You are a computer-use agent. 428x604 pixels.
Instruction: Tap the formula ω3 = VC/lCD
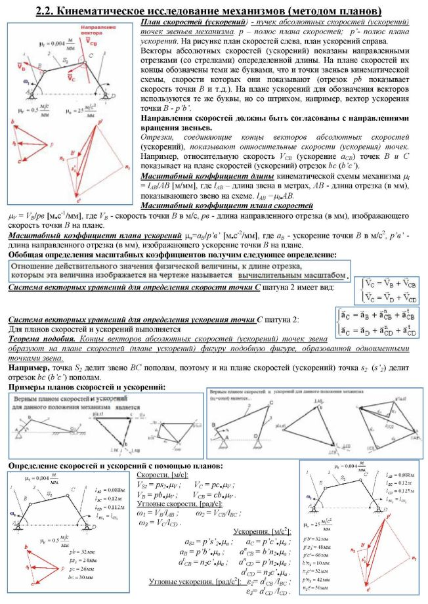[160, 523]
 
